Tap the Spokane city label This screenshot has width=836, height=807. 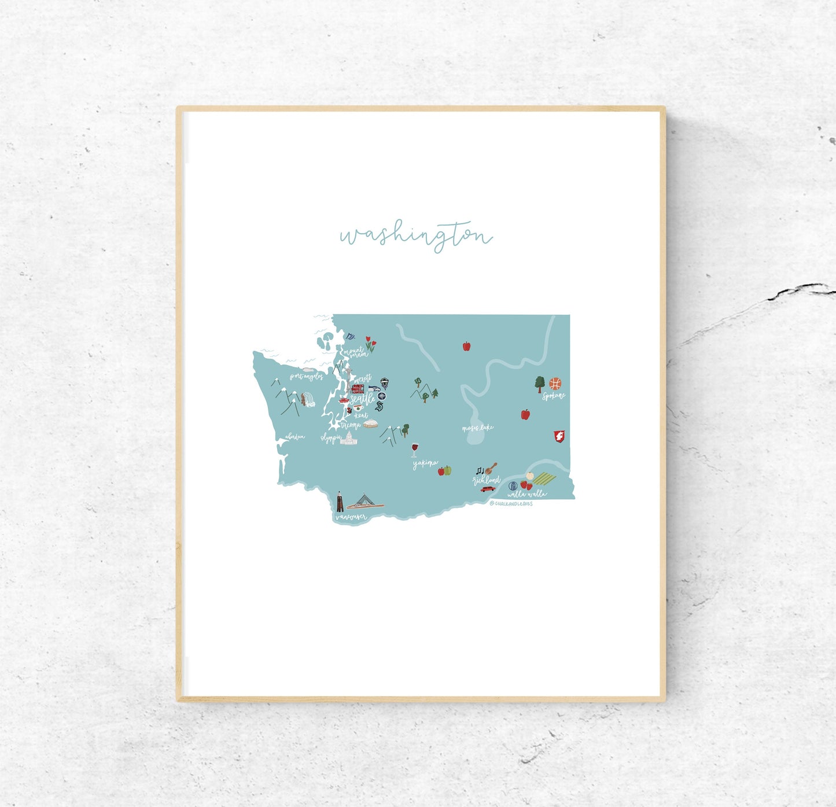(x=553, y=396)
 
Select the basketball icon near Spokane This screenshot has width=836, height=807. (x=555, y=383)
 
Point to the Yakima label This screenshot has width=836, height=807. (x=425, y=463)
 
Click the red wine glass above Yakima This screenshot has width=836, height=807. (x=414, y=449)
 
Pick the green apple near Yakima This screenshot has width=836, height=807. (x=448, y=470)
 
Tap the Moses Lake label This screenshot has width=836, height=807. (x=478, y=428)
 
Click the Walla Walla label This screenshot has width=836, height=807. (x=526, y=495)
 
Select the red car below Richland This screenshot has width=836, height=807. (x=488, y=489)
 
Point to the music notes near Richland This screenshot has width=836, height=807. (x=480, y=470)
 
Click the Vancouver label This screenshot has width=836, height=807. (x=351, y=517)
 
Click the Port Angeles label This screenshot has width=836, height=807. (x=306, y=377)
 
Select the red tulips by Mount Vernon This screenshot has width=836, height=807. (x=370, y=345)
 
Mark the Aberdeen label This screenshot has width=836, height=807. (x=295, y=437)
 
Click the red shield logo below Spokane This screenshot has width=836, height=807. (x=559, y=436)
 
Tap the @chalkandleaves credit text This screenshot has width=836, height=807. (x=511, y=504)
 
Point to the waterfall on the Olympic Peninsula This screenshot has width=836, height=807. (x=309, y=400)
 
